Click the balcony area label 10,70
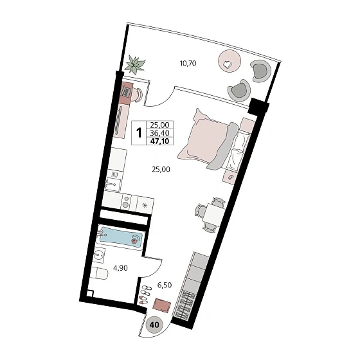point(188,63)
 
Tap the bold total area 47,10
point(159,141)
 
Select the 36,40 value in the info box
point(159,132)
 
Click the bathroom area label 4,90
point(121,268)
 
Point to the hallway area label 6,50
point(165,285)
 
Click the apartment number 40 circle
point(154,325)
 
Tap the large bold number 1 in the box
point(139,132)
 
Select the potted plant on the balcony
point(135,64)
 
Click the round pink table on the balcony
point(230,61)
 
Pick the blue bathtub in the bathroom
point(120,237)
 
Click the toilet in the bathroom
point(99,274)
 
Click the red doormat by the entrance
point(162,305)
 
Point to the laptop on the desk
point(127,91)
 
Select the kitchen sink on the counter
point(113,184)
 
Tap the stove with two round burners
point(126,201)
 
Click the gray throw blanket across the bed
point(222,146)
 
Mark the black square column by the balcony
point(258,106)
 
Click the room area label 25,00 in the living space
point(161,170)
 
